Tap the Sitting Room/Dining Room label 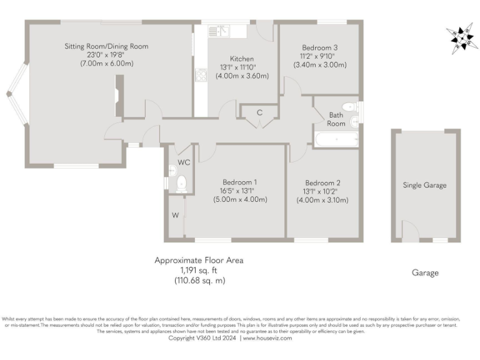tap(106, 46)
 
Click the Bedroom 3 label tap(319, 47)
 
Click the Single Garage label tap(424, 185)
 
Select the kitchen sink tap(219, 29)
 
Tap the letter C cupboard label tap(258, 112)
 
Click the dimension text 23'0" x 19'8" tap(106, 55)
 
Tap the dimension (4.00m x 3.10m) tap(322, 200)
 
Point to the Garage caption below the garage tap(425, 272)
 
